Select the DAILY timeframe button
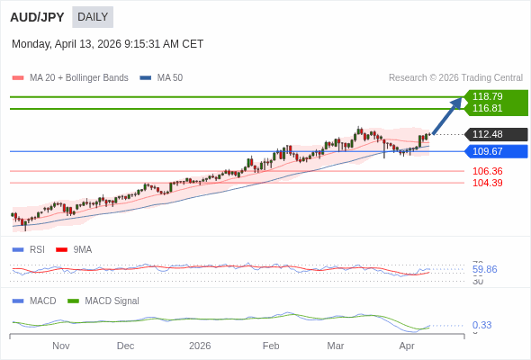(93, 17)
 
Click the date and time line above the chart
(108, 44)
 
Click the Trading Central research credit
(455, 78)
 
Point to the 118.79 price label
(487, 96)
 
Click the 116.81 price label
(487, 109)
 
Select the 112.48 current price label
(487, 135)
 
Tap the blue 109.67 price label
(487, 151)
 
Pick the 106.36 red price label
(487, 171)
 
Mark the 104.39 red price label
(487, 183)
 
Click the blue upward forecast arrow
(448, 114)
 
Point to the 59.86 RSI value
(484, 269)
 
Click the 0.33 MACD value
(481, 325)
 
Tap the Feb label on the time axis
(271, 346)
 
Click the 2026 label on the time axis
(201, 346)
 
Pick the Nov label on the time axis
(61, 346)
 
